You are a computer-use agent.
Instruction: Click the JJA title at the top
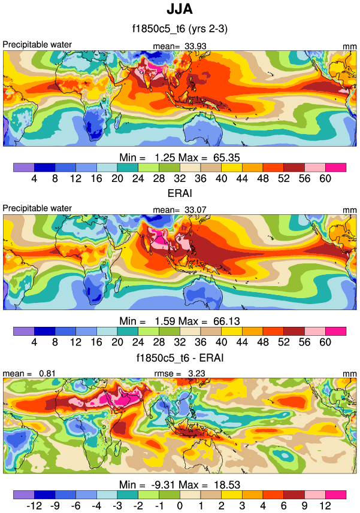pos(180,10)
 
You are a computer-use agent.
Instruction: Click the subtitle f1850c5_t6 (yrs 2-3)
pos(180,28)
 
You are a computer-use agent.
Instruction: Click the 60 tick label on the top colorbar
pos(325,178)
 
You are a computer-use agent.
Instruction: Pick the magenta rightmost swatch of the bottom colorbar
pos(336,494)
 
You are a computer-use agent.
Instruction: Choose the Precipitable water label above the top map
pos(37,45)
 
